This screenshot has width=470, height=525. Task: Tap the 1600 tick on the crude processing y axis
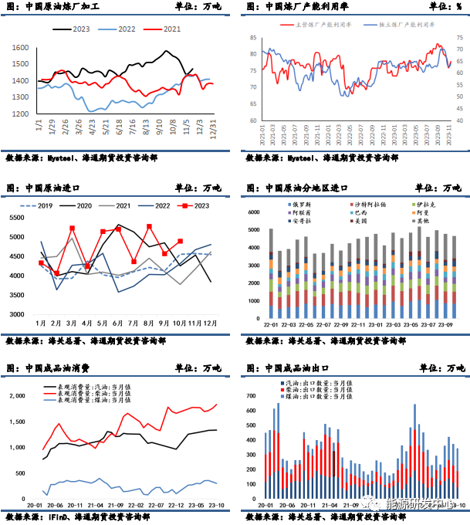(x=20, y=48)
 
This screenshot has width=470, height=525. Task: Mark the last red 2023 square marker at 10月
(x=181, y=242)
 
